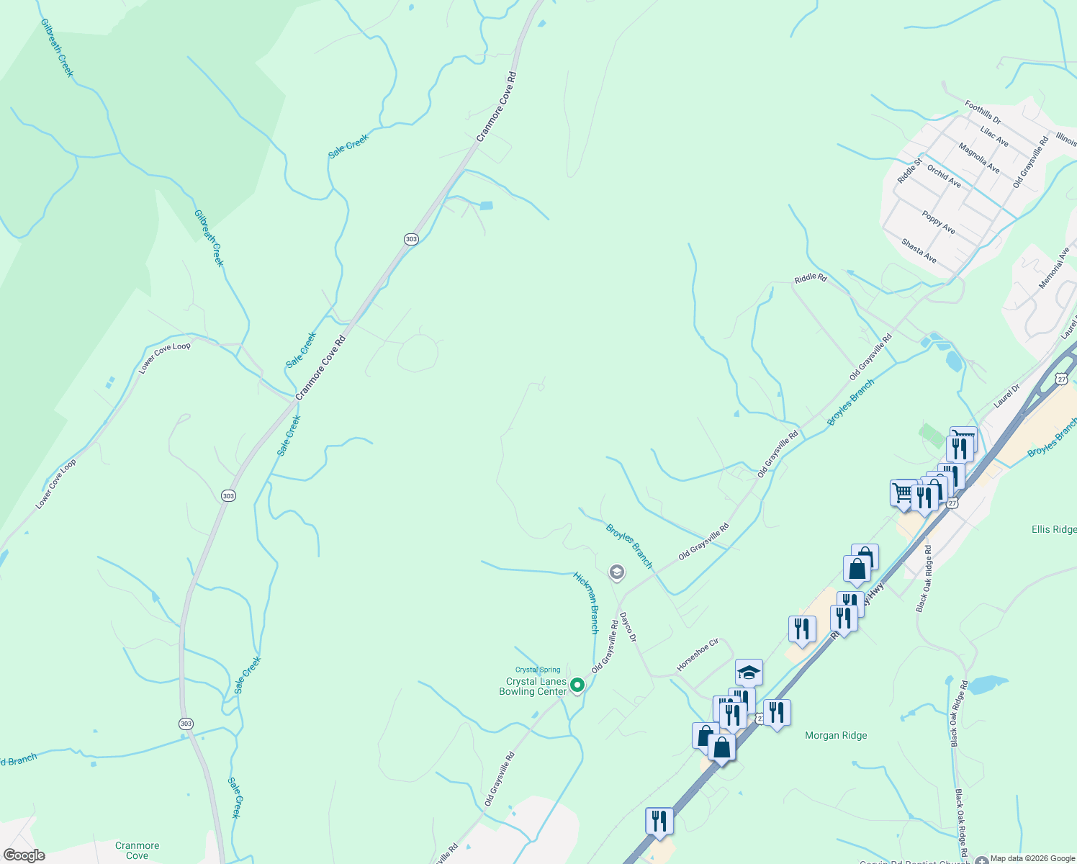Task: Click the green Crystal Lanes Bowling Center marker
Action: pos(577,685)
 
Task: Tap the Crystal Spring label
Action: pos(538,670)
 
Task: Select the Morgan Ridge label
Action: pos(836,735)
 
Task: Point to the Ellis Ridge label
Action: pos(1054,529)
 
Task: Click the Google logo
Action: pos(24,855)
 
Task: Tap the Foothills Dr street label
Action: pos(983,112)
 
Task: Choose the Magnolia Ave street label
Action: pos(979,158)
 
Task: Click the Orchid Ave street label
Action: pos(944,176)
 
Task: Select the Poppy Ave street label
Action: pos(939,222)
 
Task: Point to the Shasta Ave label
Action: pos(919,251)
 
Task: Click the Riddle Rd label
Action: pos(811,278)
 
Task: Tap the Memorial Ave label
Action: pos(1055,269)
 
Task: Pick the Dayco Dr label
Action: pos(628,626)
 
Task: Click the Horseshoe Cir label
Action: pos(698,654)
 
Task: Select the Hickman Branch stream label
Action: pos(586,603)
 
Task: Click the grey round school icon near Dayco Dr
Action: pos(616,572)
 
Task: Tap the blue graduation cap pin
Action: pos(749,672)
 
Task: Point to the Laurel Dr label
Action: pos(1006,396)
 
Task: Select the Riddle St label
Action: pos(909,171)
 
